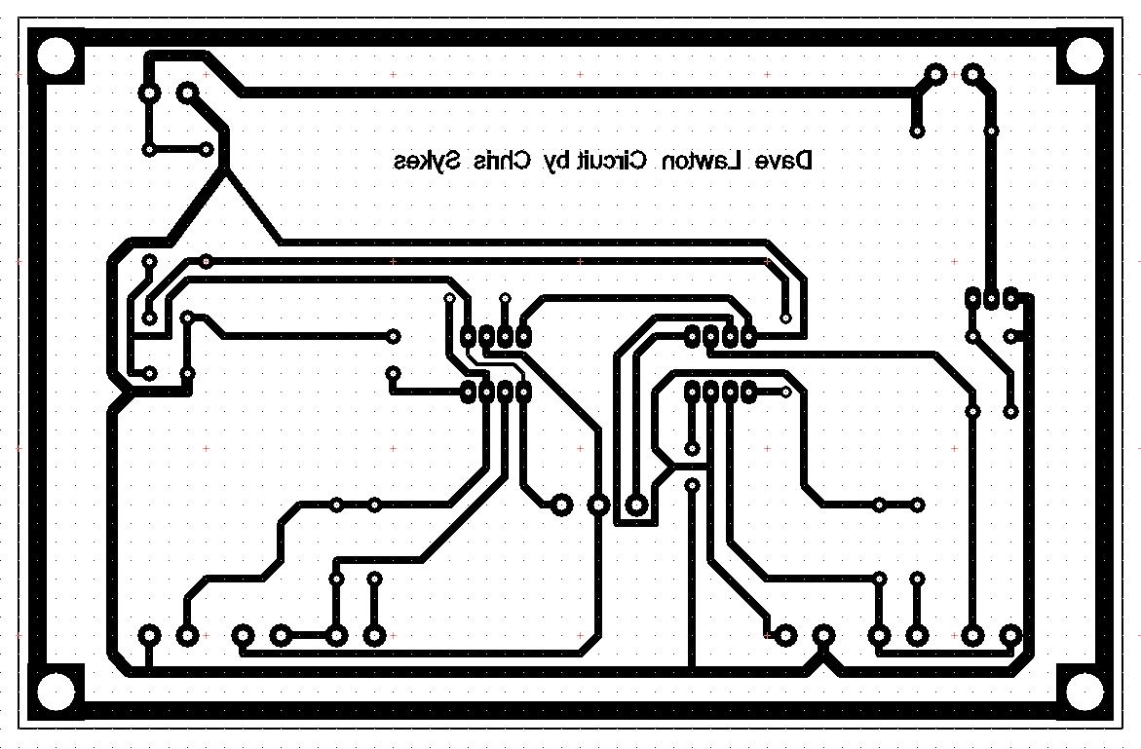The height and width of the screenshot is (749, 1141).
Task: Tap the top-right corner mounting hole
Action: (x=1084, y=56)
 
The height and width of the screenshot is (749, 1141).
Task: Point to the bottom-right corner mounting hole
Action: (x=1084, y=692)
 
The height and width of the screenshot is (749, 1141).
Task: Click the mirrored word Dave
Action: (x=785, y=161)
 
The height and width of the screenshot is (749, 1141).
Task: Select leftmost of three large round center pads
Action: (x=561, y=505)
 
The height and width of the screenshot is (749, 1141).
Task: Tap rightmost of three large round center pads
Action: (x=636, y=505)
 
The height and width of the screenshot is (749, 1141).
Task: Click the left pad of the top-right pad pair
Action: (x=935, y=74)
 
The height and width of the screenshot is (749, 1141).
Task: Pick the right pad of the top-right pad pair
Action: (x=972, y=74)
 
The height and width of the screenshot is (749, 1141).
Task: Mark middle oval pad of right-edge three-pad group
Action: (x=991, y=297)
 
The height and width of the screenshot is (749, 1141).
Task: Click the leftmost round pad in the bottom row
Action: (x=149, y=635)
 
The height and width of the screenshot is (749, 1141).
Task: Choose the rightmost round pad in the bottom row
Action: (x=1010, y=635)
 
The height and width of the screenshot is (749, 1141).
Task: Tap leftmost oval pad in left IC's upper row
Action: (x=469, y=336)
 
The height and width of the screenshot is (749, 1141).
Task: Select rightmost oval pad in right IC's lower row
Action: (x=749, y=393)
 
